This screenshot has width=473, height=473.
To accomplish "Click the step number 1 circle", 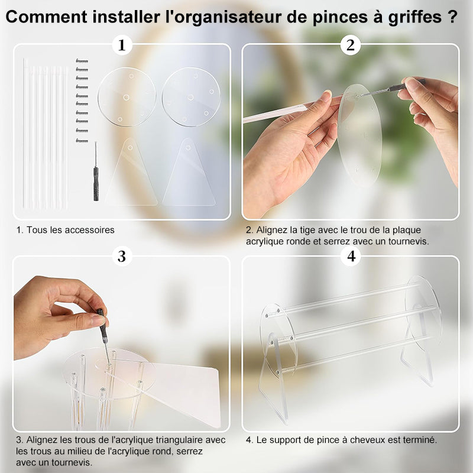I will tap(122, 45).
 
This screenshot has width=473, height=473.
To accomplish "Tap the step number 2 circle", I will tap(351, 45).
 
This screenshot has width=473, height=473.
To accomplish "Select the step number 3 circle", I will tap(122, 256).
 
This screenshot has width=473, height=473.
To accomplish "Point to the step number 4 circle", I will tap(351, 256).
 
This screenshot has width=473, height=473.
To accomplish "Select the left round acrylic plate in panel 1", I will tap(127, 97).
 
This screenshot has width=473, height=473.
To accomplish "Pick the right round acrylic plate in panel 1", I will tap(191, 97).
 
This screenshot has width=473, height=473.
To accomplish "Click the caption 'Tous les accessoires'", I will tap(65, 229).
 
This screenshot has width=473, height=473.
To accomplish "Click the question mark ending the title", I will tap(452, 17).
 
